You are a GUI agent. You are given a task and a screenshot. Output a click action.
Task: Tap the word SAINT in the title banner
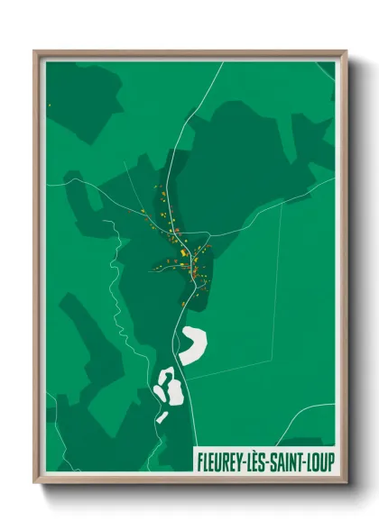[x=287, y=461]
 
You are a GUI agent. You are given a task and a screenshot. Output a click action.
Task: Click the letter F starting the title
[x=199, y=461]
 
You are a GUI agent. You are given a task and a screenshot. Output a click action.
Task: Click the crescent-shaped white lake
[x=193, y=344]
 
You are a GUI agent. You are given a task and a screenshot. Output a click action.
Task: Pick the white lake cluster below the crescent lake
[x=169, y=388]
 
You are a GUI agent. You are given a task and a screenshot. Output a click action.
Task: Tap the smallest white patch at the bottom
[x=162, y=417]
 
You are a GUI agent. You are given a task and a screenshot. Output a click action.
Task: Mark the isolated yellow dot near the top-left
[x=50, y=105]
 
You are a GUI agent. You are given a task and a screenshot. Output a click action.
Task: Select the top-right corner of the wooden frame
[x=346, y=51]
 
